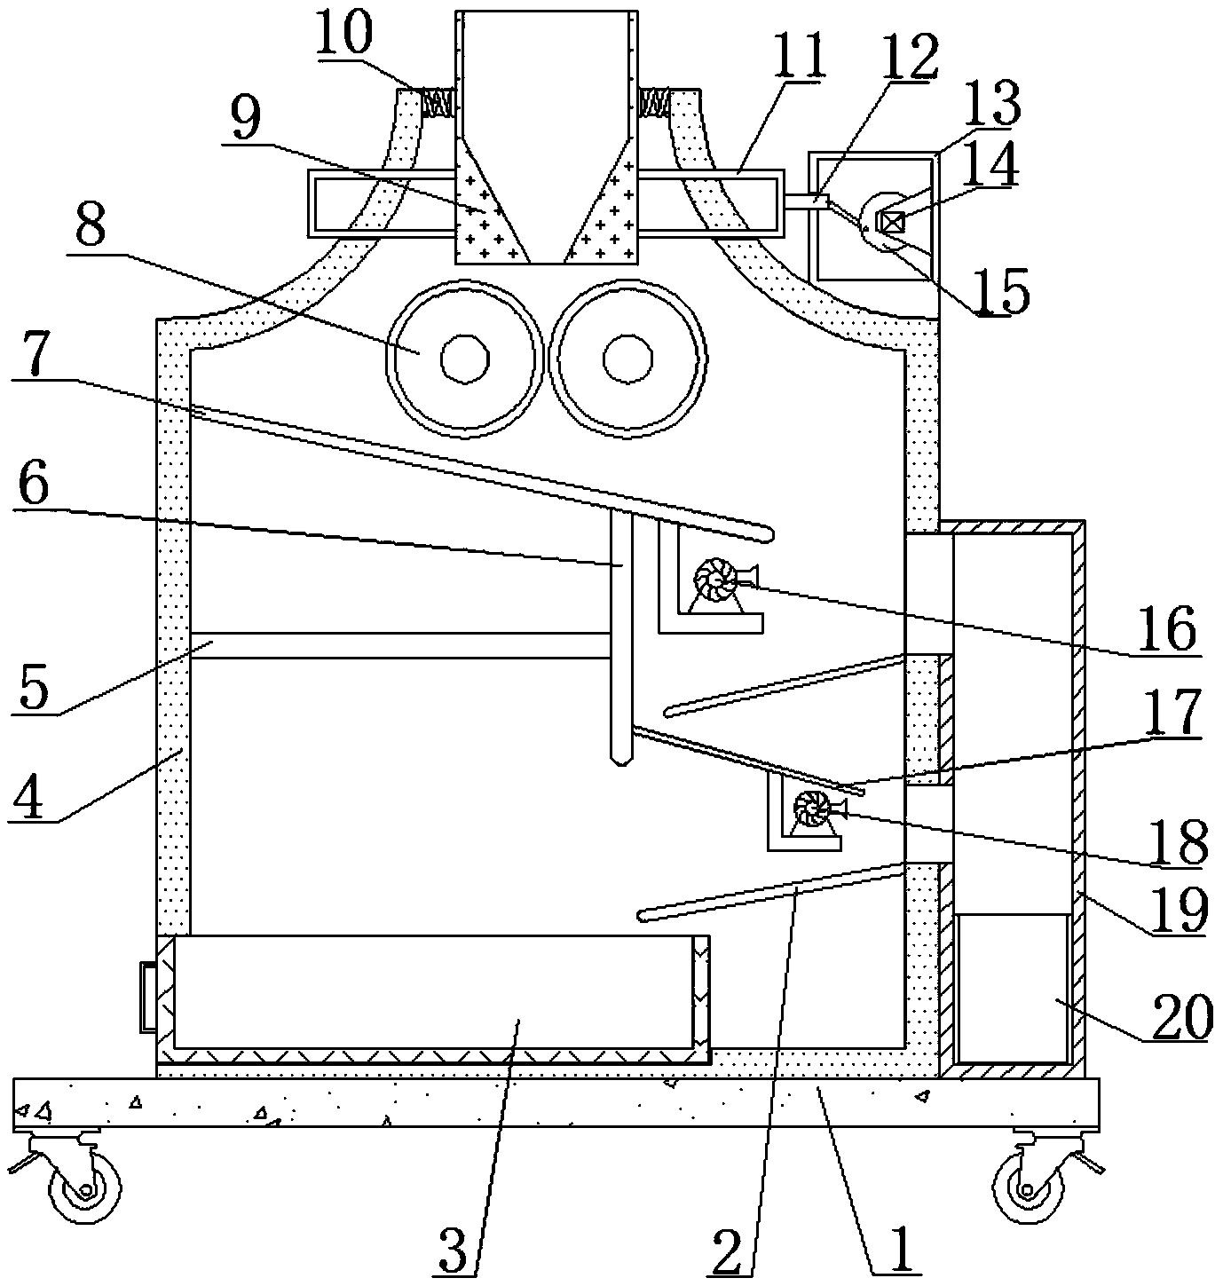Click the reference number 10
344,34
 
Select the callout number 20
1182,1016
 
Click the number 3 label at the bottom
454,1250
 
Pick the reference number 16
1168,628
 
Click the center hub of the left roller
465,359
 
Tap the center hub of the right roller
627,359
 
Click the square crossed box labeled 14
890,223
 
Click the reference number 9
245,118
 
